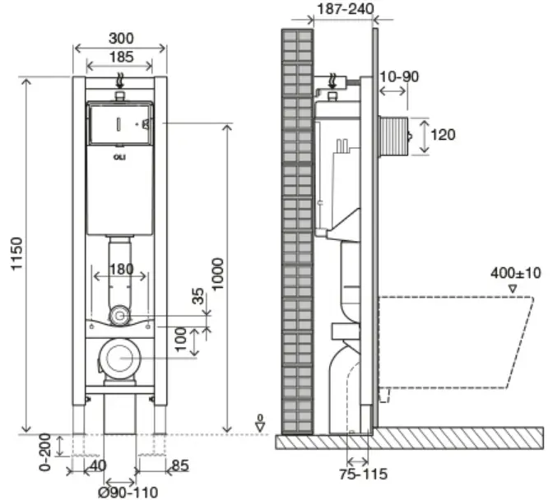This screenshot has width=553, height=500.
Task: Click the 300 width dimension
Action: pyautogui.click(x=121, y=39)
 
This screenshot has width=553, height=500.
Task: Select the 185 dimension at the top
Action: pyautogui.click(x=121, y=57)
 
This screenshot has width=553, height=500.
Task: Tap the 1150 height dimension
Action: pyautogui.click(x=17, y=253)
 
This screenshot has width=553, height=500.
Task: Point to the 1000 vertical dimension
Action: pyautogui.click(x=218, y=274)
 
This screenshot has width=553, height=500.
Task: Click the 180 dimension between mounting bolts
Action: pyautogui.click(x=121, y=269)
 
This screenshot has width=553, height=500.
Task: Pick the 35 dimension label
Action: pyautogui.click(x=198, y=296)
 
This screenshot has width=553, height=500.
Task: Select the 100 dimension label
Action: pyautogui.click(x=180, y=339)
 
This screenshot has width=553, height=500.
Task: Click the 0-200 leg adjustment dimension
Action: pyautogui.click(x=45, y=452)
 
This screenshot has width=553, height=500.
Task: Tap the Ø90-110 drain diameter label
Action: pyautogui.click(x=128, y=493)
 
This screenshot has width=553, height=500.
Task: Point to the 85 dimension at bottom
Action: pyautogui.click(x=180, y=465)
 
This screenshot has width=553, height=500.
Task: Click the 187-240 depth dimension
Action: pyautogui.click(x=346, y=8)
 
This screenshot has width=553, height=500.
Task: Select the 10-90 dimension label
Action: pyautogui.click(x=399, y=76)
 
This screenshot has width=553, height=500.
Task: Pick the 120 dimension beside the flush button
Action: pyautogui.click(x=443, y=135)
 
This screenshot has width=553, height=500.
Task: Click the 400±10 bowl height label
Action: pyautogui.click(x=516, y=273)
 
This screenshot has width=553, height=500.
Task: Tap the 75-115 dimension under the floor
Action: pyautogui.click(x=363, y=474)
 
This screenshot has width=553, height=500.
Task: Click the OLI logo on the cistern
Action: pyautogui.click(x=119, y=157)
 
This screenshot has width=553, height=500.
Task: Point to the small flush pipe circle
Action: pyautogui.click(x=120, y=316)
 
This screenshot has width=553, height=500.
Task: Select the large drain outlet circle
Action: pyautogui.click(x=119, y=358)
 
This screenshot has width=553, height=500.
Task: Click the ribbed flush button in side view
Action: pyautogui.click(x=393, y=136)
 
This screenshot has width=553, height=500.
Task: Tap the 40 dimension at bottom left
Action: pyautogui.click(x=98, y=465)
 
